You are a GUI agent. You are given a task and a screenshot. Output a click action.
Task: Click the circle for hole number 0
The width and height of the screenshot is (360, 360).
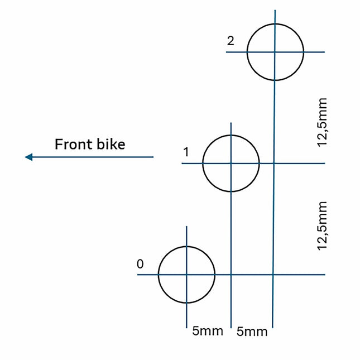click(x=186, y=275)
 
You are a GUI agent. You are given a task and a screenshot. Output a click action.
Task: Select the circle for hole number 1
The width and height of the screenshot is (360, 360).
click(x=231, y=163)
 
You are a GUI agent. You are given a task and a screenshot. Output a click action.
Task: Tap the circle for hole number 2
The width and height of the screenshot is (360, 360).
click(x=275, y=52)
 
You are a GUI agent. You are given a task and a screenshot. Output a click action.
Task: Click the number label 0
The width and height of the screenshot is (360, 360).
click(x=140, y=264)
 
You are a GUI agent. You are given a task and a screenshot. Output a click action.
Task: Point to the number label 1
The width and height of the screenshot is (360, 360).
click(x=186, y=152)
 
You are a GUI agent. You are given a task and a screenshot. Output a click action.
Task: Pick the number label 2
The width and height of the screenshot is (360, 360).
click(x=231, y=41)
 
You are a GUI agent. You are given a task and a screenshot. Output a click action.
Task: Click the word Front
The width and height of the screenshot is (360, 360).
click(x=73, y=144)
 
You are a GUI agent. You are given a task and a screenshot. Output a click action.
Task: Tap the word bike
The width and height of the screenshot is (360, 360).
click(x=110, y=144)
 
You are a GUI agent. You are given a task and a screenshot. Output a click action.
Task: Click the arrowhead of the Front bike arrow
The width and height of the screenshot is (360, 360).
click(x=28, y=157)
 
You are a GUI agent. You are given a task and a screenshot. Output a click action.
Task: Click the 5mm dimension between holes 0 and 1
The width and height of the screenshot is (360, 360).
click(x=208, y=331)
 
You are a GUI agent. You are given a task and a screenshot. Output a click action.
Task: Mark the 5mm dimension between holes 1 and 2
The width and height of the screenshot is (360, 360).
click(x=252, y=332)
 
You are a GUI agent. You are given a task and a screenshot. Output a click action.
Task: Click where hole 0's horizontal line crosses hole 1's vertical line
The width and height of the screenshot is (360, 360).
click(x=231, y=275)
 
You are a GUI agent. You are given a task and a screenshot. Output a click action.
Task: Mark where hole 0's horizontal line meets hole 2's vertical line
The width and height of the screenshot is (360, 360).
click(x=273, y=275)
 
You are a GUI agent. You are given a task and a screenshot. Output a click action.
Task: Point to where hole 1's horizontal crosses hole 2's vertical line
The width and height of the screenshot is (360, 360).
click(x=274, y=163)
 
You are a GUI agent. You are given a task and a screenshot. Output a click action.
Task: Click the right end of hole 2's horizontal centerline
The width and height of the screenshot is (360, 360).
click(x=324, y=52)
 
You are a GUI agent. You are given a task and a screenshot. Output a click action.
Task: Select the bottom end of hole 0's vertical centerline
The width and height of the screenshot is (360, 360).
click(x=186, y=327)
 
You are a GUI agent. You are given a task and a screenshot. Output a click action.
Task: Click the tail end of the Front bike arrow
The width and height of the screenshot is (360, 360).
click(x=153, y=157)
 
